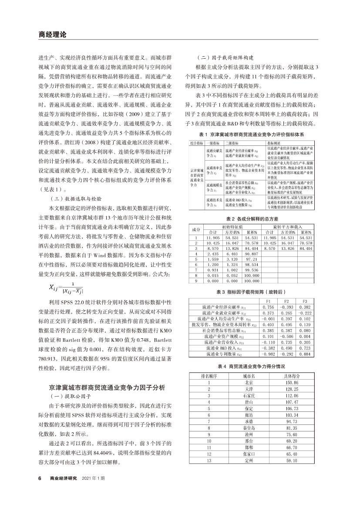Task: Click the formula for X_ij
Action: click(x=67, y=289)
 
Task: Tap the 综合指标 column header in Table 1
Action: click(x=197, y=142)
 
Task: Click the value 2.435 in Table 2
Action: click(x=213, y=253)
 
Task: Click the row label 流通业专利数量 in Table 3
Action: click(x=222, y=354)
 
